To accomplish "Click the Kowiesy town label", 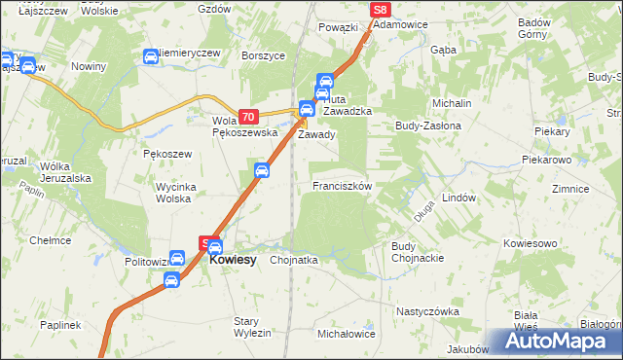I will tap(233, 261).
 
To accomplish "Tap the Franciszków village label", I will tap(341, 185).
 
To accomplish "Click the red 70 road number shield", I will tap(248, 116).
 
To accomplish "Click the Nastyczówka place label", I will tap(427, 311).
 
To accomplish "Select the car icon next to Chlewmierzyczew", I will tap(151, 56).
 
